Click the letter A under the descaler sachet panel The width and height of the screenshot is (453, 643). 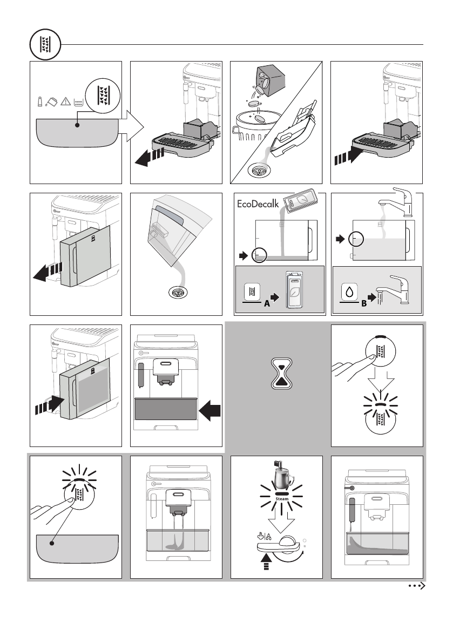(266, 303)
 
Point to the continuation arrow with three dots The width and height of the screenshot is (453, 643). (417, 586)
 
